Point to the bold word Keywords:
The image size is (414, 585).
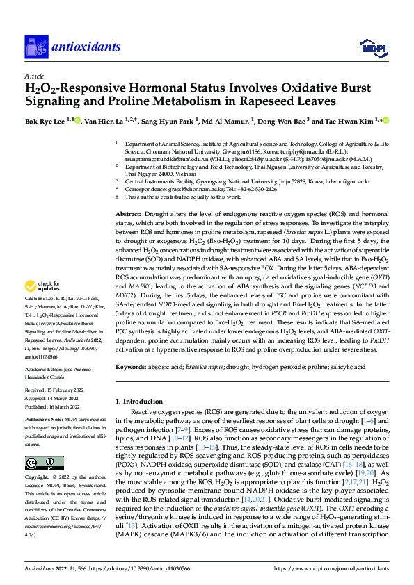pyautogui.click(x=131, y=365)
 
